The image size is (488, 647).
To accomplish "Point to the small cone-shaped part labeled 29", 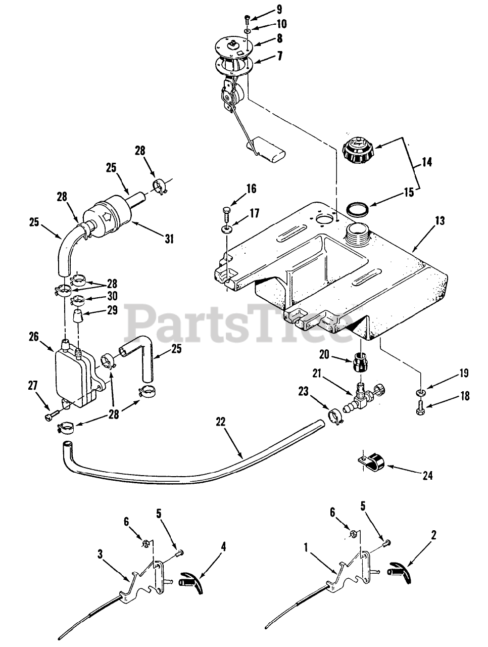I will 78,320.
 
